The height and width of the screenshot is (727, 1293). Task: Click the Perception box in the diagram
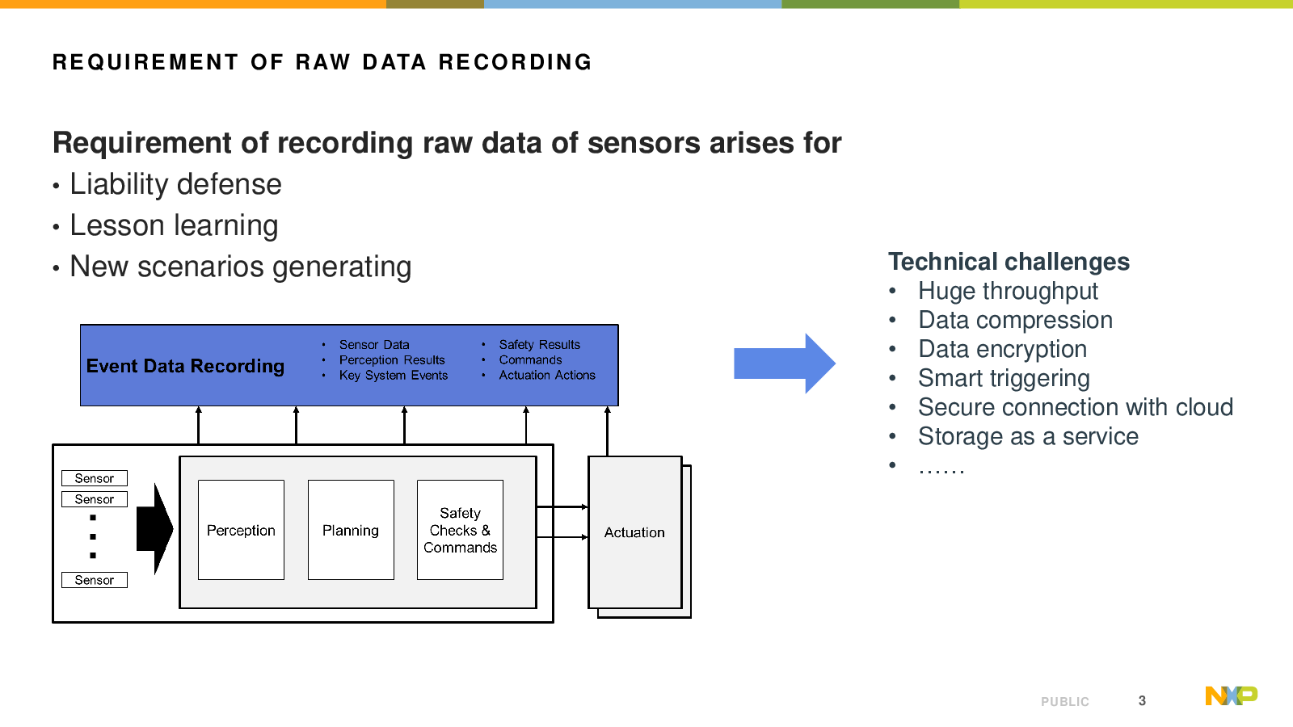pyautogui.click(x=242, y=530)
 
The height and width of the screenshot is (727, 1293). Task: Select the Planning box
pyautogui.click(x=351, y=530)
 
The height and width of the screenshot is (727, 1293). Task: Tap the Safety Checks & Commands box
pyautogui.click(x=460, y=530)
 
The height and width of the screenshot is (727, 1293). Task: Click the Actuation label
pyautogui.click(x=634, y=532)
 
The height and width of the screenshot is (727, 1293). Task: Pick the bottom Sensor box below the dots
pyautogui.click(x=95, y=580)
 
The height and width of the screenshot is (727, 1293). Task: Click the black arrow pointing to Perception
pyautogui.click(x=154, y=529)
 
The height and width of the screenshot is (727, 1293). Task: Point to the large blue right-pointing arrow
pyautogui.click(x=785, y=363)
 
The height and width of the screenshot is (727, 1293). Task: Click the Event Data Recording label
pyautogui.click(x=185, y=366)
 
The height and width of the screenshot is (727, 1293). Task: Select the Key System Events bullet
pyautogui.click(x=393, y=376)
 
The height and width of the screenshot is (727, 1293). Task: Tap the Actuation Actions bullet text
pyautogui.click(x=547, y=376)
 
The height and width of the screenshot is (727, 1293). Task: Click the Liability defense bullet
pyautogui.click(x=175, y=185)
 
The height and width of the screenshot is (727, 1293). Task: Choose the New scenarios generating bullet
pyautogui.click(x=240, y=267)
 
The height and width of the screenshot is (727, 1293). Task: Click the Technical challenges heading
pyautogui.click(x=1009, y=262)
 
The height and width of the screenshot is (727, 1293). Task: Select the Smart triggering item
pyautogui.click(x=1004, y=379)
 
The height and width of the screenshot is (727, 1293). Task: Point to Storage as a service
pyautogui.click(x=1028, y=437)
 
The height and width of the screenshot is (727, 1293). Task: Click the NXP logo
pyautogui.click(x=1232, y=695)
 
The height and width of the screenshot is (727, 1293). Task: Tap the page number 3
pyautogui.click(x=1142, y=700)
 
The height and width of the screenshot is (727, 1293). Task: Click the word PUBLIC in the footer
pyautogui.click(x=1065, y=702)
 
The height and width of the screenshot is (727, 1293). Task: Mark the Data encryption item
pyautogui.click(x=1003, y=350)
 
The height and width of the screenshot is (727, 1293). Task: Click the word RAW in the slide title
pyautogui.click(x=323, y=62)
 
